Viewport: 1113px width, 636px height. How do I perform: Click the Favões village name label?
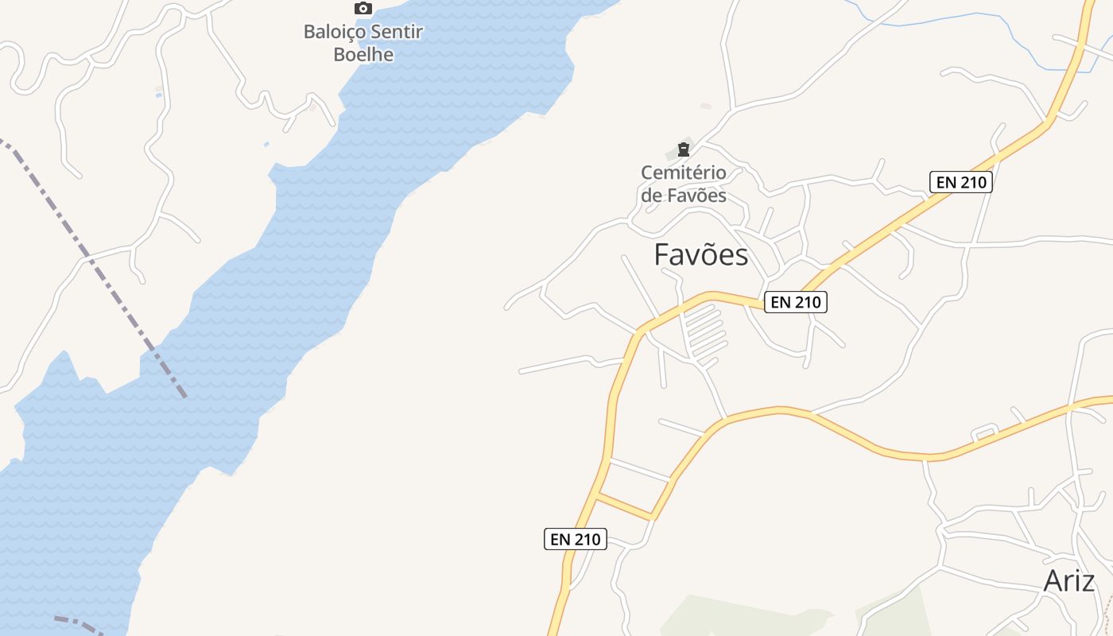click(x=700, y=255)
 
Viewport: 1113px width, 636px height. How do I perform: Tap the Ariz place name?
click(x=1068, y=581)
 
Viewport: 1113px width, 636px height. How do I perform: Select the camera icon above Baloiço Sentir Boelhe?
click(x=363, y=9)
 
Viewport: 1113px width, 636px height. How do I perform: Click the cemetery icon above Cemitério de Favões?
click(x=683, y=149)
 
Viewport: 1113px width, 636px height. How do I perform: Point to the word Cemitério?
click(x=684, y=173)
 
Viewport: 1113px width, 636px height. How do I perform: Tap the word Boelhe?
click(x=363, y=55)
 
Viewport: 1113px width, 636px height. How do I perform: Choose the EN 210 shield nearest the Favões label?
click(x=796, y=302)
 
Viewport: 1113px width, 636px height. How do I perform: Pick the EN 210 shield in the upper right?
click(x=961, y=182)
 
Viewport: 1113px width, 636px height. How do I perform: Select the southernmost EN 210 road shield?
click(x=576, y=539)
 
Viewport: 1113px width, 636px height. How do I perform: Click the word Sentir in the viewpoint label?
click(x=394, y=33)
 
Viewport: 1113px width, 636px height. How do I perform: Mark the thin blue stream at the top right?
click(x=954, y=18)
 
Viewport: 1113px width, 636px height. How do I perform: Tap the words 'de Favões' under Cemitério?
click(x=684, y=196)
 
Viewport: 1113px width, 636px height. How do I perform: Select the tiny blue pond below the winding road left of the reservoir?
click(x=266, y=144)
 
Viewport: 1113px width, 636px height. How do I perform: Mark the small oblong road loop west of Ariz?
click(x=984, y=434)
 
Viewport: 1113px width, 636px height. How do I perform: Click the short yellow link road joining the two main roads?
click(x=625, y=506)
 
